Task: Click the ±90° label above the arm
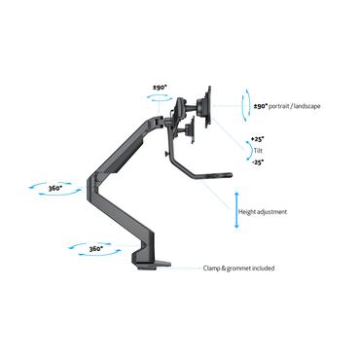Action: tap(159, 88)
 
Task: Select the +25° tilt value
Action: tap(257, 138)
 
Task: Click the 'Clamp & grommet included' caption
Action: tap(238, 267)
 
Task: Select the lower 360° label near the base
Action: tap(94, 249)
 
